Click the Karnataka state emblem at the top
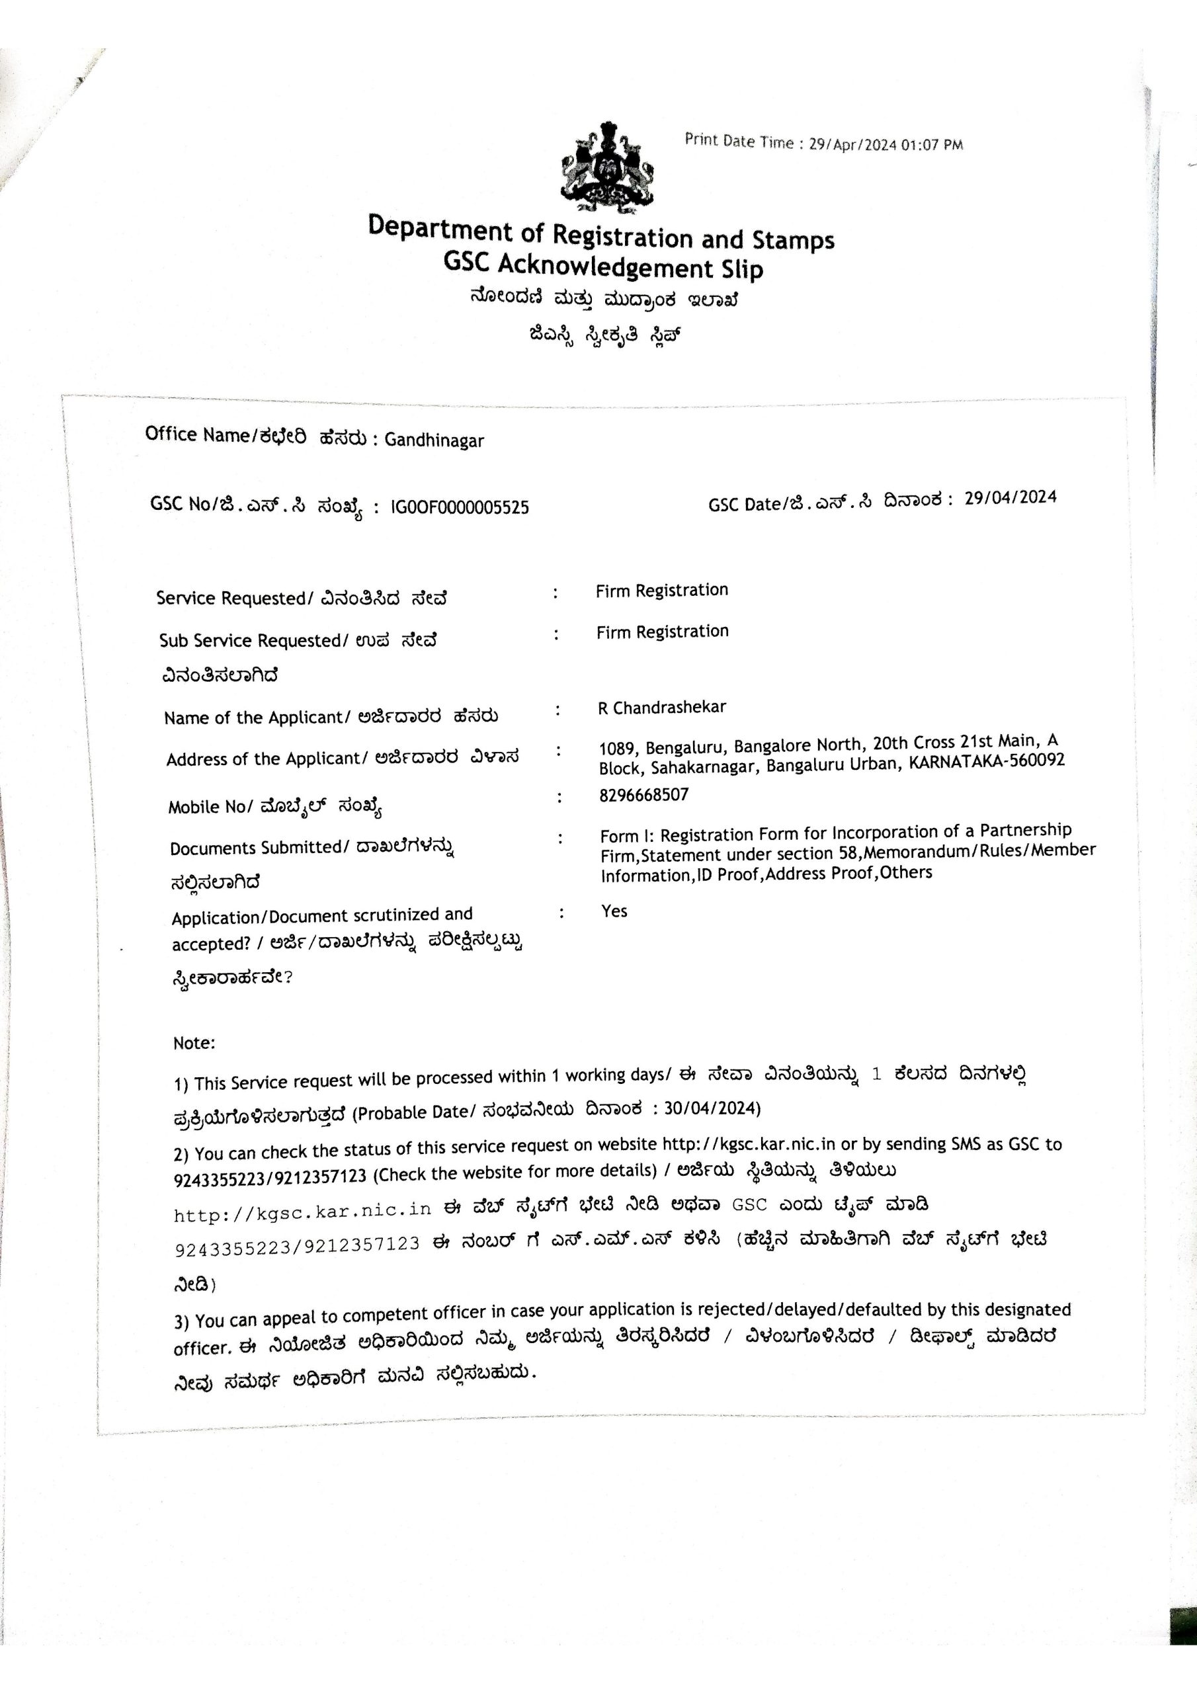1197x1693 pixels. tap(607, 169)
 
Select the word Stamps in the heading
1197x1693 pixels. tap(794, 240)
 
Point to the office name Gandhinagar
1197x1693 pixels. tap(434, 441)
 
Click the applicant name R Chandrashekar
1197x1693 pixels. tap(661, 707)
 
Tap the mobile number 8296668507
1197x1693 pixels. tap(644, 795)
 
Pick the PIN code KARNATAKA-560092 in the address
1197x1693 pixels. tap(987, 761)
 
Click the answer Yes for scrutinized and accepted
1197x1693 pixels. tap(614, 911)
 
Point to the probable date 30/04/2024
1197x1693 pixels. tap(711, 1108)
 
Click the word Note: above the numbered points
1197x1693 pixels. tap(194, 1044)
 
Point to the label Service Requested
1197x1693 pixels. tap(231, 598)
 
